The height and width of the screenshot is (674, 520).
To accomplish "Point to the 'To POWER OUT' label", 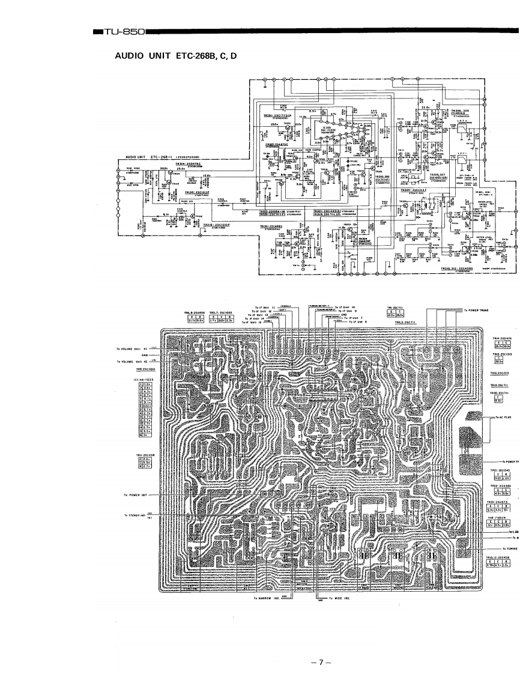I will pos(135,495).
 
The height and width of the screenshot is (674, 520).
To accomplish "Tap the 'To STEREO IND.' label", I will pos(135,515).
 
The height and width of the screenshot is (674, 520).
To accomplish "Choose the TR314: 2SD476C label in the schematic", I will pos(187,163).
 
